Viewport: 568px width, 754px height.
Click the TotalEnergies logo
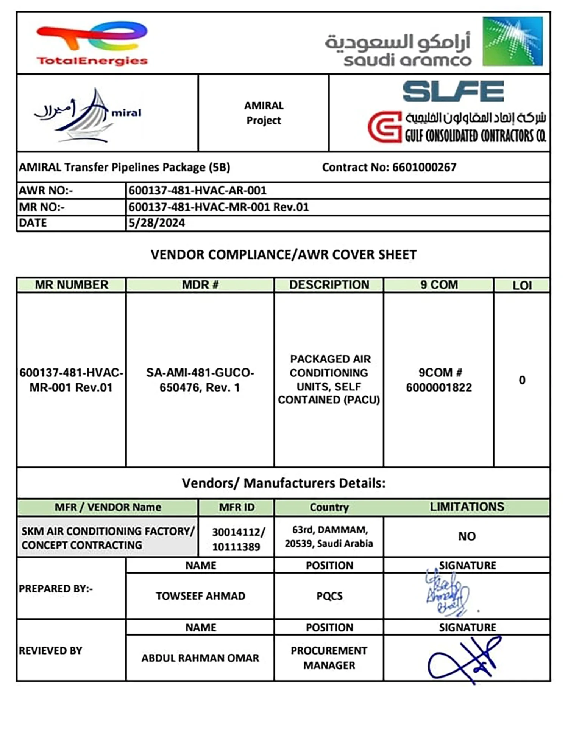[x=92, y=44]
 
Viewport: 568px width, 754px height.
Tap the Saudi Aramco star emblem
[x=512, y=41]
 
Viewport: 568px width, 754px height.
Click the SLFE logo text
[x=453, y=91]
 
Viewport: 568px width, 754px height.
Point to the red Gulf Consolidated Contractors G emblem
[x=384, y=127]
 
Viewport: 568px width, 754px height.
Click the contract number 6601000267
[x=424, y=167]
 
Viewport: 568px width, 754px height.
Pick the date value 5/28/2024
[x=157, y=223]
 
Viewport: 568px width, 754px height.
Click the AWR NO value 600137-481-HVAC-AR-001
[x=197, y=190]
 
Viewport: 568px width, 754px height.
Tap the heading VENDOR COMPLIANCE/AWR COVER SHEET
[x=284, y=255]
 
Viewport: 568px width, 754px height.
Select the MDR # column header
[x=200, y=284]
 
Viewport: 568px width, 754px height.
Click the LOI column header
[x=522, y=285]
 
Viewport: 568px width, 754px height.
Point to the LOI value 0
[x=522, y=380]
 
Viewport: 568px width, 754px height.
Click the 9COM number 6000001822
[x=439, y=387]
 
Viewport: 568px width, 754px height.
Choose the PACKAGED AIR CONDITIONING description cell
[x=329, y=379]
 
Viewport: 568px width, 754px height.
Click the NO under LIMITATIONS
[x=467, y=536]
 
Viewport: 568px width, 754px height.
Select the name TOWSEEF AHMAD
[x=200, y=596]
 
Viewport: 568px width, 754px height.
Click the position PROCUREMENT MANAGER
[x=329, y=658]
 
